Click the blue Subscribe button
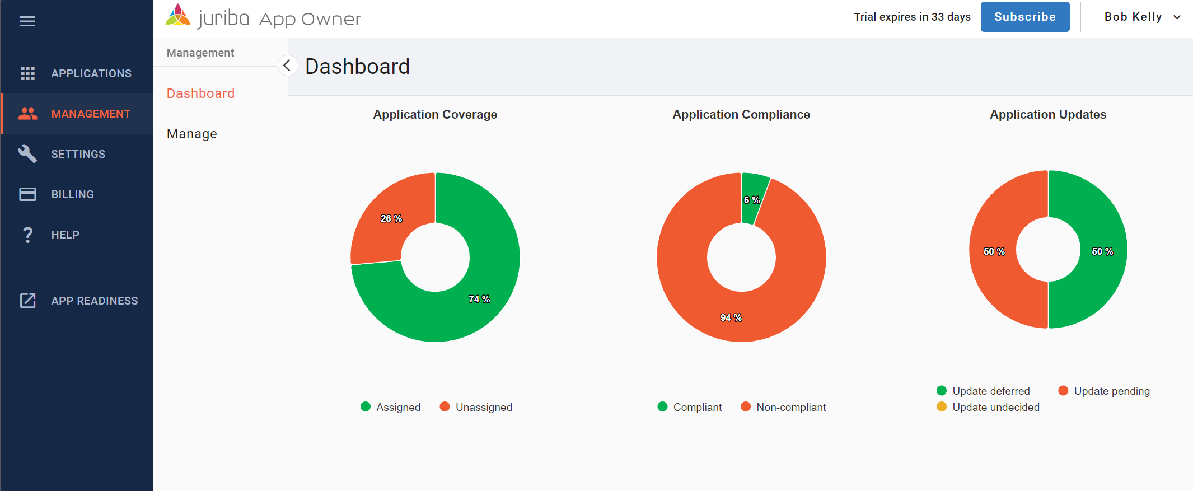1024,17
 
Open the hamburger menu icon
27,21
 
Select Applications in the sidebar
91,73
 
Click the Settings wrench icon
27,154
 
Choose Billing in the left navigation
72,194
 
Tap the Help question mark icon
27,235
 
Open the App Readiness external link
94,301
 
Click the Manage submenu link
192,134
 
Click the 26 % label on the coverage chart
391,218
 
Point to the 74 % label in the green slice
479,299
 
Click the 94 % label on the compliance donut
731,317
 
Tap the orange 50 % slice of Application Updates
994,251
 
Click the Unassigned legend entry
483,407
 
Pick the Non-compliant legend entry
790,407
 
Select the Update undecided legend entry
995,407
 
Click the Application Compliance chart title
741,114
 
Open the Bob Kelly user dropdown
1142,17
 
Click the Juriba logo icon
178,16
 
